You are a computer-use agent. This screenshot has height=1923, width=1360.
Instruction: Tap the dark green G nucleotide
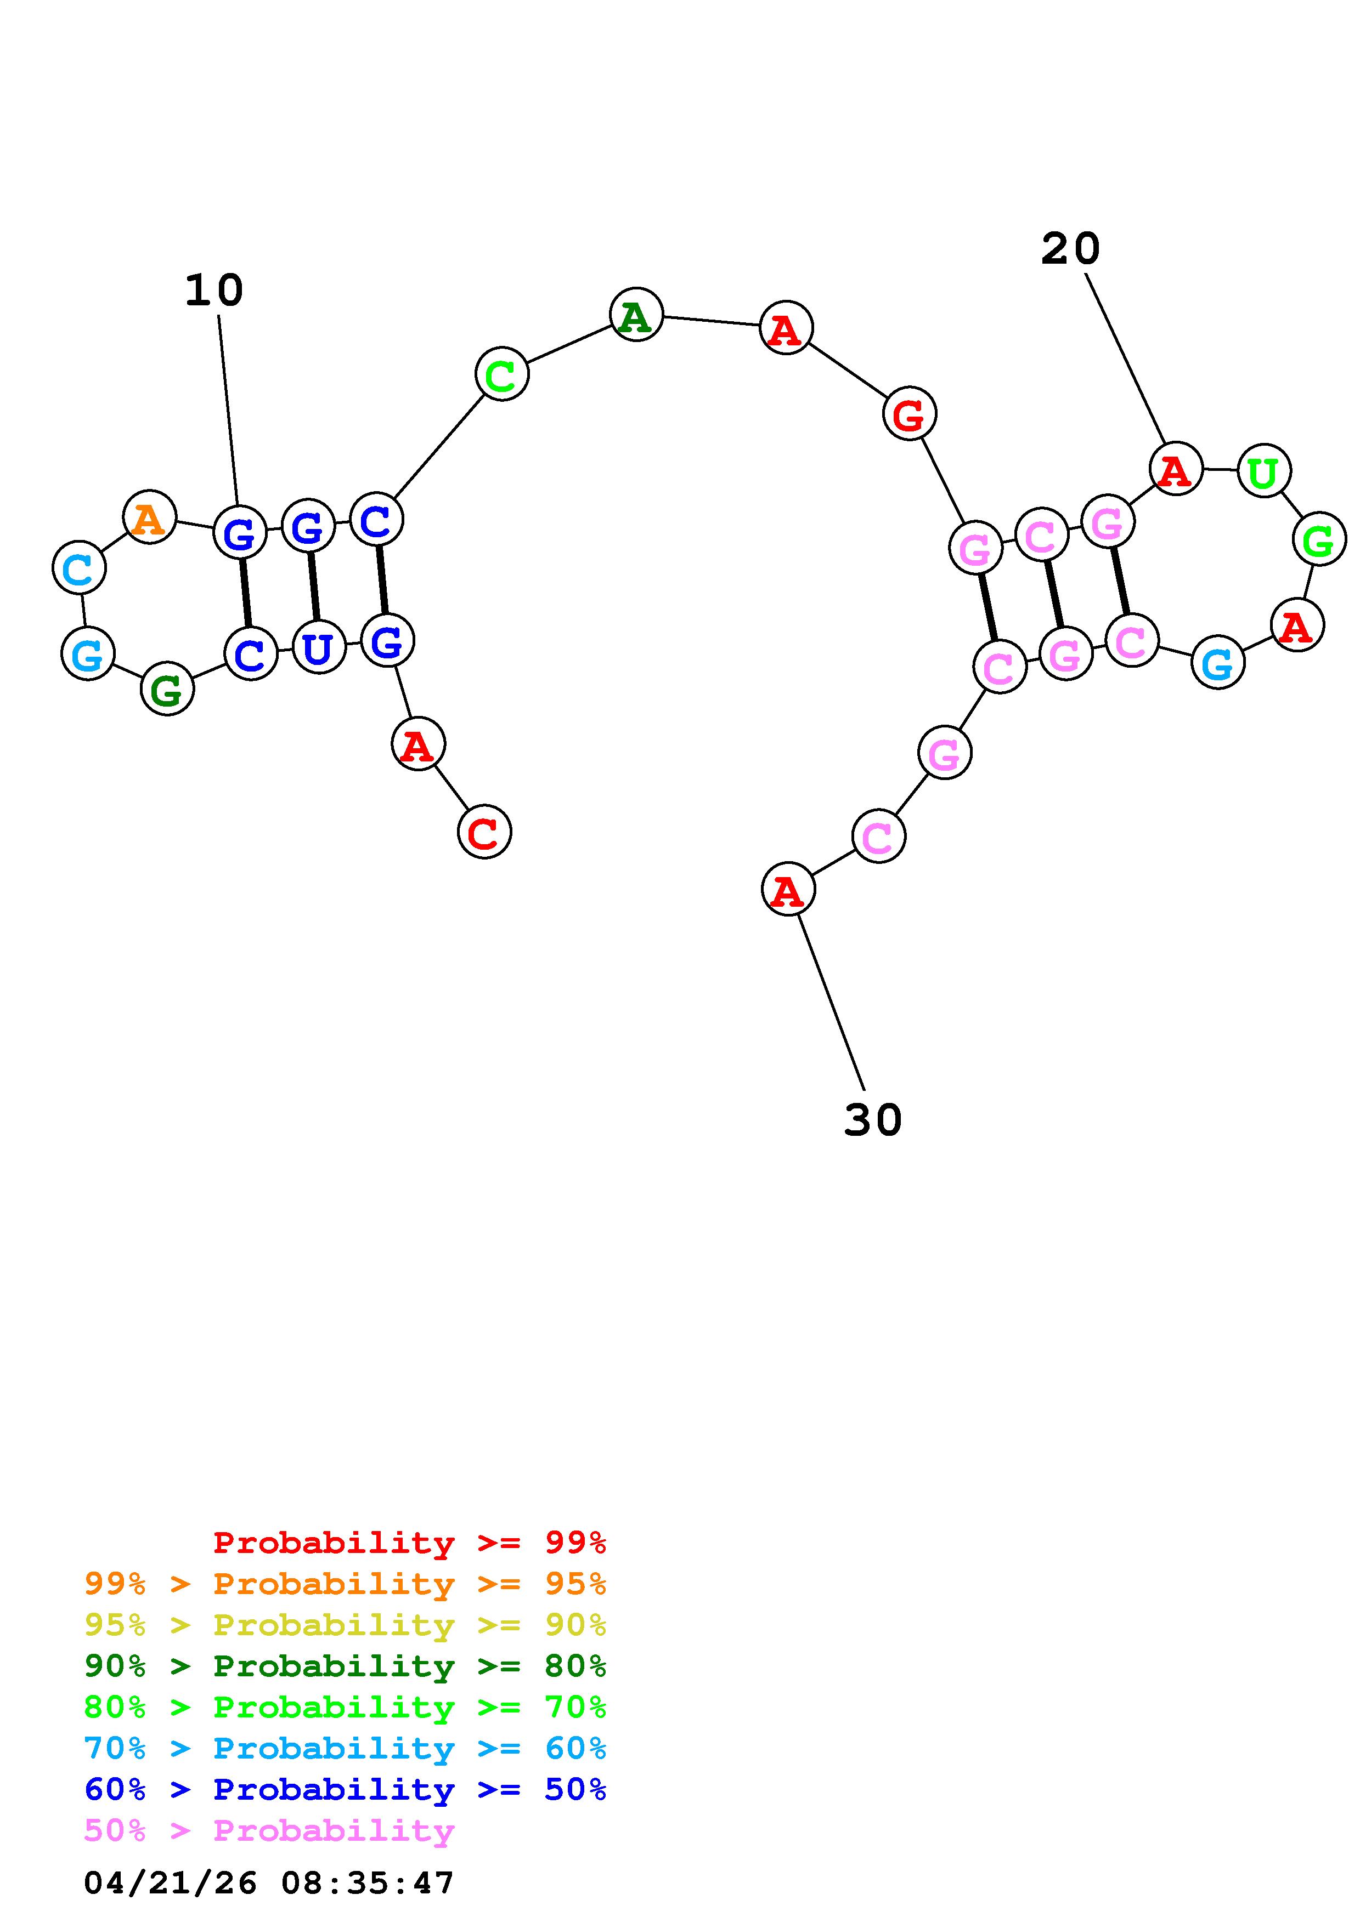[167, 689]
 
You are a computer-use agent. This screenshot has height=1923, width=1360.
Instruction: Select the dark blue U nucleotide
[318, 647]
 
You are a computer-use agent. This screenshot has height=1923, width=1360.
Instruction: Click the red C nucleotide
[483, 831]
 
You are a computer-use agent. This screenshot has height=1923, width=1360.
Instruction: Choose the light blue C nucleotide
[79, 568]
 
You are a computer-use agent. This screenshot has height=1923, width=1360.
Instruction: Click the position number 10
[213, 291]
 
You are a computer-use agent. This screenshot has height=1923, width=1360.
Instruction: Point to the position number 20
[1070, 249]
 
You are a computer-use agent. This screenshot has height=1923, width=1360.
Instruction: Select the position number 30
[872, 1120]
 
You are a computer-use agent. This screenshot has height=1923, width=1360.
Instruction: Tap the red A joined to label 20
[1176, 469]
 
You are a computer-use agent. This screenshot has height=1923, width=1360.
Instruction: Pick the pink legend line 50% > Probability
[269, 1830]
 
